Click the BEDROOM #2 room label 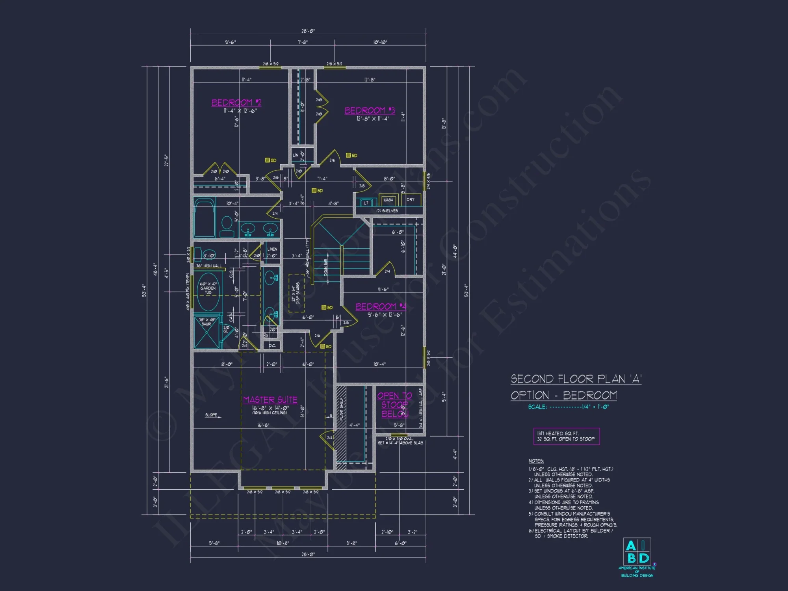pyautogui.click(x=236, y=103)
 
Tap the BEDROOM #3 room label pyautogui.click(x=370, y=111)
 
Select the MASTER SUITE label pyautogui.click(x=270, y=400)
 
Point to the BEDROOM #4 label pyautogui.click(x=381, y=307)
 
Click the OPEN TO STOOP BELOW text pyautogui.click(x=394, y=405)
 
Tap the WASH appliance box pyautogui.click(x=388, y=200)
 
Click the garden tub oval pyautogui.click(x=208, y=292)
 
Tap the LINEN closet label pyautogui.click(x=272, y=249)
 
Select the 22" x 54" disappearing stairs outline pyautogui.click(x=296, y=293)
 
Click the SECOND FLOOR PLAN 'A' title pyautogui.click(x=576, y=379)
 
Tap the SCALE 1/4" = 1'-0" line pyautogui.click(x=568, y=407)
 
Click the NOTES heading pyautogui.click(x=536, y=461)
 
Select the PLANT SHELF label pyautogui.click(x=341, y=409)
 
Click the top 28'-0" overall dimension pyautogui.click(x=308, y=31)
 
